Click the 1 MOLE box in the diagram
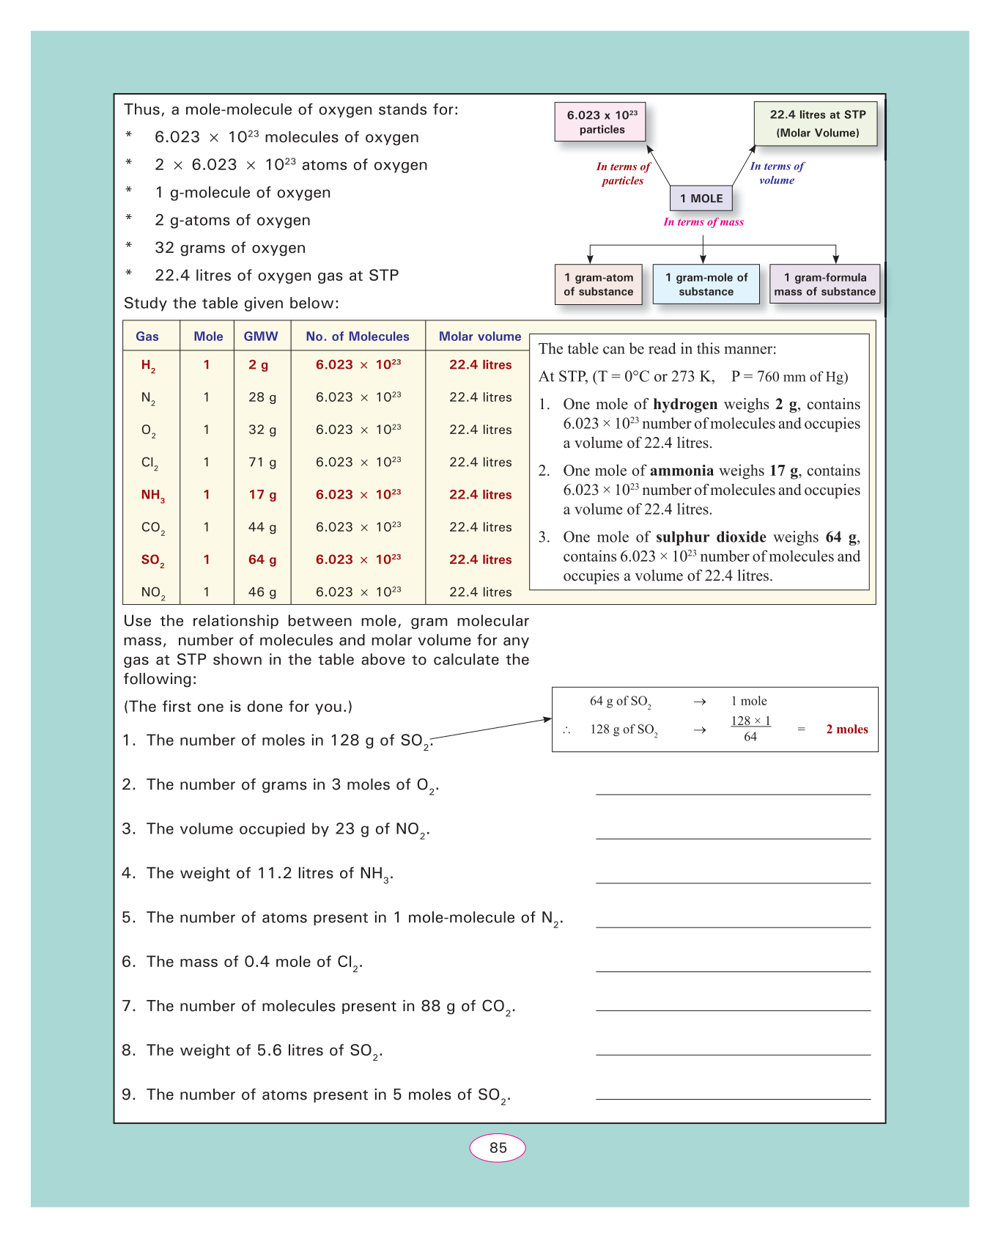[701, 199]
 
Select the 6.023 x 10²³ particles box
[601, 122]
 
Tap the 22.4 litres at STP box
[816, 123]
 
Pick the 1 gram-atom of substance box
[598, 284]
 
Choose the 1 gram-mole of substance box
[706, 284]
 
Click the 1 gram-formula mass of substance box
[824, 284]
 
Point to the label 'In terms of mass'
[703, 222]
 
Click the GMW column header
[261, 337]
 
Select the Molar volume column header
[480, 337]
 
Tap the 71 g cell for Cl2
[262, 463]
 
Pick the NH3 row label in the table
[152, 496]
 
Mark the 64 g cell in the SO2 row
[262, 560]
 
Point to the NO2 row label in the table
[152, 592]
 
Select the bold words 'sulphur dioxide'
[711, 537]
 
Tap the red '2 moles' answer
[847, 729]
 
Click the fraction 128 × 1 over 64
[750, 729]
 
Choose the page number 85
[498, 1148]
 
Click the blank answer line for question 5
[733, 927]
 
